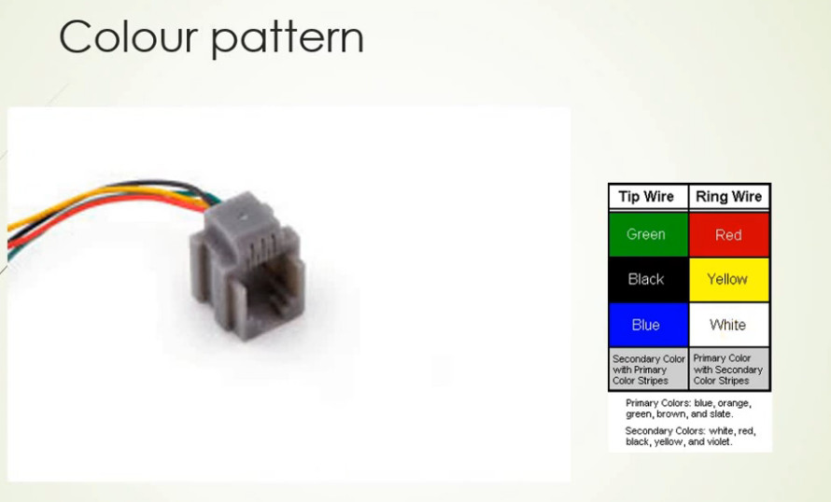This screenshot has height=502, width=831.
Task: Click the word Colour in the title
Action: point(128,36)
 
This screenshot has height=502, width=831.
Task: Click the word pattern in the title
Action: point(288,39)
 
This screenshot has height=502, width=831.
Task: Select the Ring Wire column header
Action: point(729,197)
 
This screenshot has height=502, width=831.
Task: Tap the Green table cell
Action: point(648,234)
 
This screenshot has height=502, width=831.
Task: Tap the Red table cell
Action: point(729,234)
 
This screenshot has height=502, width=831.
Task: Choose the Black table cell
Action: point(648,280)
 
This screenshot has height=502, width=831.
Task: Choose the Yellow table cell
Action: point(729,280)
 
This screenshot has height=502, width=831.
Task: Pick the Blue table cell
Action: point(648,325)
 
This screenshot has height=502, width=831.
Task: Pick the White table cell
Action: point(729,325)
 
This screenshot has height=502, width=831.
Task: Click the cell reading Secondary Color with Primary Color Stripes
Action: point(648,370)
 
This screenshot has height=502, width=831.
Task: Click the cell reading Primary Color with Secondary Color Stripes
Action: point(729,370)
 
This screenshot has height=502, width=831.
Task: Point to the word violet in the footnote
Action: point(718,441)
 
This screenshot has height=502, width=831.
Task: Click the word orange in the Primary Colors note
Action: point(734,403)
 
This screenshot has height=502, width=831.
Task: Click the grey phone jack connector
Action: point(247,266)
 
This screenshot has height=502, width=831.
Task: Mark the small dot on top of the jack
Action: point(244,216)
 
